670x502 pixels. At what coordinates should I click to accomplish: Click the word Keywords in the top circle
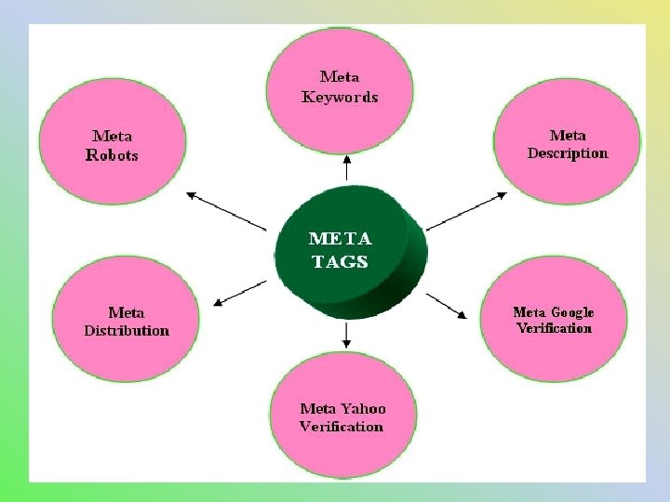(x=340, y=97)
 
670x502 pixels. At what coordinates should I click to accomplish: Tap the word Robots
(x=112, y=155)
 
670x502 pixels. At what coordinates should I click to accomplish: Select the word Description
(x=567, y=153)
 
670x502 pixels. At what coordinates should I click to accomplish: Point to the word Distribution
(x=127, y=330)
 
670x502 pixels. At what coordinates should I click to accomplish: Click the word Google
(x=571, y=312)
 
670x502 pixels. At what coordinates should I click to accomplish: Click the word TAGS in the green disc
(x=341, y=261)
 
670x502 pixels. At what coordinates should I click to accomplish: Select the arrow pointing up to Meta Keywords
(x=346, y=168)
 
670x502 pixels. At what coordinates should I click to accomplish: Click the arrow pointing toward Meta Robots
(x=227, y=211)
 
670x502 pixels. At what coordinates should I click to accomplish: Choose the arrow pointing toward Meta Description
(x=466, y=211)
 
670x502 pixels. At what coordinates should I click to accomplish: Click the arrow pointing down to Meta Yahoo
(x=346, y=334)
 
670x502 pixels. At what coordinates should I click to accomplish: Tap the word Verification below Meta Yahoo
(x=341, y=427)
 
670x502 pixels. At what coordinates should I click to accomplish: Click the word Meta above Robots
(x=112, y=136)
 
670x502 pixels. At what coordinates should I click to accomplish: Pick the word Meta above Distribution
(x=127, y=312)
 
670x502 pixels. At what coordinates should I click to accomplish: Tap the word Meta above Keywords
(x=340, y=77)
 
